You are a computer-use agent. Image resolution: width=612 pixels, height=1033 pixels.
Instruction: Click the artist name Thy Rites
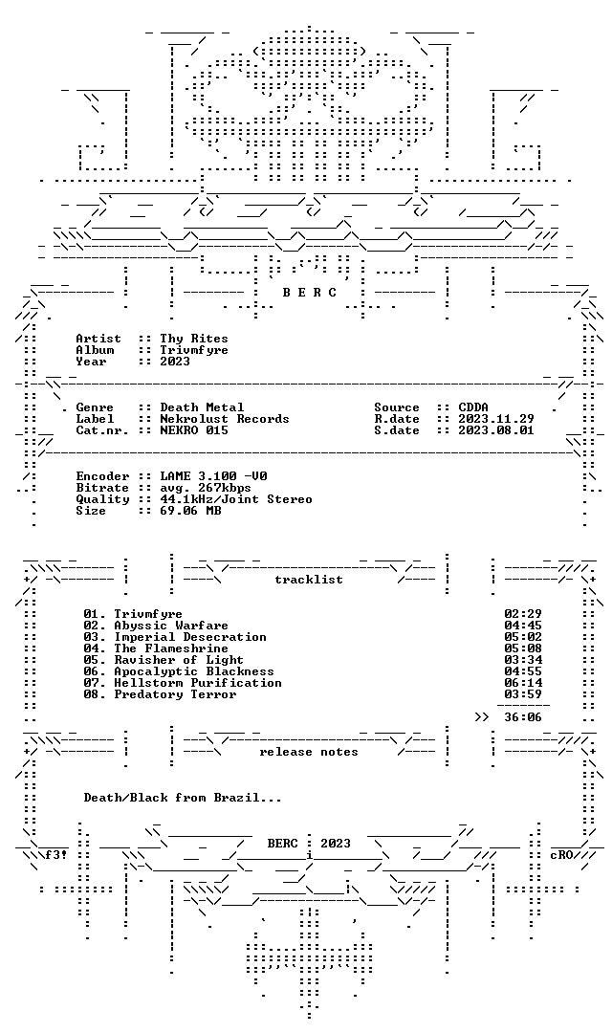click(x=194, y=339)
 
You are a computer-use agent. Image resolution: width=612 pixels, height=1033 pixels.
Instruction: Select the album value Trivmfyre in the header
click(x=194, y=350)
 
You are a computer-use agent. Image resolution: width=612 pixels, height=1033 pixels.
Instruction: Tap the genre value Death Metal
click(x=202, y=407)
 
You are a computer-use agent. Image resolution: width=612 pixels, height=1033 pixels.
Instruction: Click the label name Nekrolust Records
click(x=224, y=419)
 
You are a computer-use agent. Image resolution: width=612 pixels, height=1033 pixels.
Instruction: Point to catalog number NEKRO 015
click(x=194, y=430)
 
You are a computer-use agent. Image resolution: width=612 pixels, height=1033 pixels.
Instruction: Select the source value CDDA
click(x=473, y=407)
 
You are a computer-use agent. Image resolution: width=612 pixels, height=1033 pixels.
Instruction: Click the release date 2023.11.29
click(x=496, y=419)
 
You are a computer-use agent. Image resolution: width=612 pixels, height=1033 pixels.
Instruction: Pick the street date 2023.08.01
click(x=496, y=430)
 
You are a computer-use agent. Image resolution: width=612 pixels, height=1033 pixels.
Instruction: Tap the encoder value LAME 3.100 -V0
click(x=213, y=476)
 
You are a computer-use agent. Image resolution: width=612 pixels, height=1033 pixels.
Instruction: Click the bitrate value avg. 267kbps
click(x=206, y=488)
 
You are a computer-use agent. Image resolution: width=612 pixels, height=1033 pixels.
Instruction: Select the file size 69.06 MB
click(x=190, y=511)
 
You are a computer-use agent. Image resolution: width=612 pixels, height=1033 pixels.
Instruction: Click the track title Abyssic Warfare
click(x=171, y=626)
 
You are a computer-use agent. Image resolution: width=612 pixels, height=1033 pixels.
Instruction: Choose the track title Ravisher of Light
click(x=179, y=659)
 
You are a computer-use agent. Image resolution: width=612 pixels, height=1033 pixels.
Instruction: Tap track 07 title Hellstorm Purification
click(x=198, y=683)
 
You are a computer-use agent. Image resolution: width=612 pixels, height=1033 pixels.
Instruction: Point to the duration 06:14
click(x=523, y=683)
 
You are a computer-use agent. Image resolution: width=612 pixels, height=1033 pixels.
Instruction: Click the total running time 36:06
click(x=523, y=716)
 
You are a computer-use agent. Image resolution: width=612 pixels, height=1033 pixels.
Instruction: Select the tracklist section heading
click(x=309, y=580)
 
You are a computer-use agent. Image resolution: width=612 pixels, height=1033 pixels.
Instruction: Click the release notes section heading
click(x=309, y=752)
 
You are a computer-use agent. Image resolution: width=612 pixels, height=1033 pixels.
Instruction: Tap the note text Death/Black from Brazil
click(x=183, y=798)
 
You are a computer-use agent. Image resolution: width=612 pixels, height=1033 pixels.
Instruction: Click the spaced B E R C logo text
click(x=310, y=293)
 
